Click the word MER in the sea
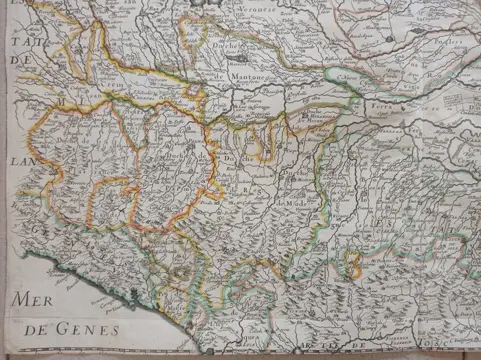[x=33, y=299]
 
